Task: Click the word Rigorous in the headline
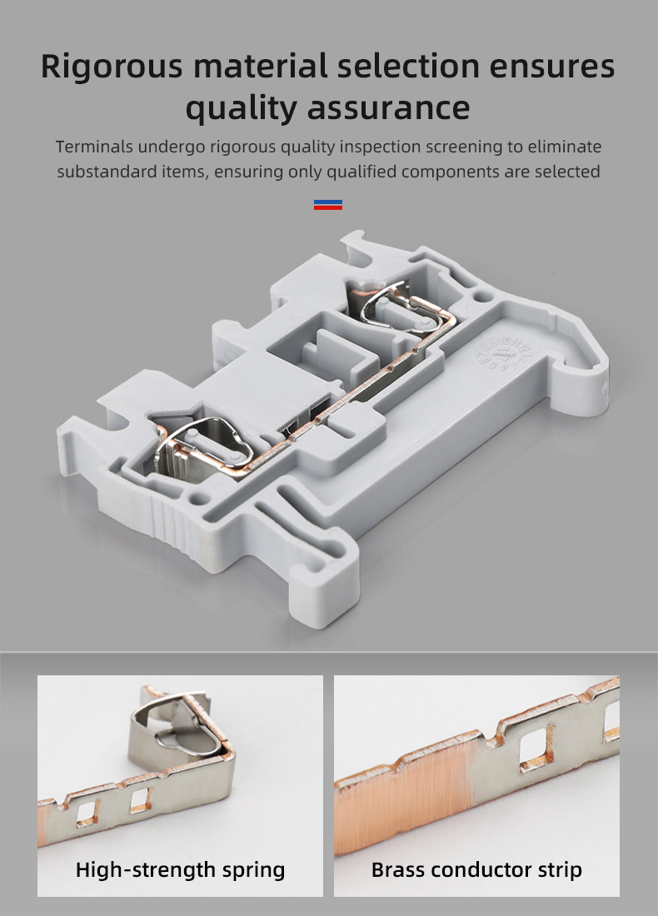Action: (112, 67)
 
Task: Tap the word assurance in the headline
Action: (388, 108)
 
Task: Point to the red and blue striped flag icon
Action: (328, 205)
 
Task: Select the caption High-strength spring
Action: (180, 870)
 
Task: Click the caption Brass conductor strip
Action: (476, 870)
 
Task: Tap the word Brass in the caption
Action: (397, 870)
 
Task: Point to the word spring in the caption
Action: (253, 871)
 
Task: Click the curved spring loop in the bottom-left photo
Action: (175, 724)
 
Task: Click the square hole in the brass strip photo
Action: (536, 749)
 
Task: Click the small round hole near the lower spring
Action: (200, 500)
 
